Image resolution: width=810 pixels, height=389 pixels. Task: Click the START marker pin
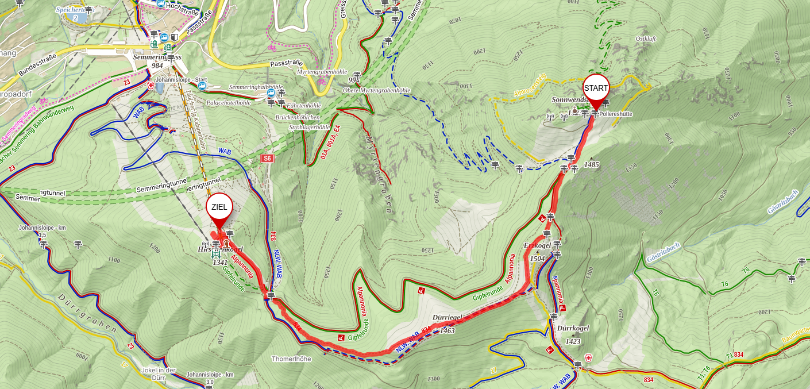click(596, 89)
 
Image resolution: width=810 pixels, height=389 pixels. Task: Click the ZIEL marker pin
click(219, 207)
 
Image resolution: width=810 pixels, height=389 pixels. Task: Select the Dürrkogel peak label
click(573, 329)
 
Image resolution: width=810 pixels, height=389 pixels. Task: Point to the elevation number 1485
click(591, 165)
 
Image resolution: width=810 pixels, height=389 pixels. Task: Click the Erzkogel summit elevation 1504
click(537, 259)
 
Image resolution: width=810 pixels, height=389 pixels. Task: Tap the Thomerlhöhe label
click(291, 359)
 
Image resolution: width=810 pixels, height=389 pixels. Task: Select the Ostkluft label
click(646, 38)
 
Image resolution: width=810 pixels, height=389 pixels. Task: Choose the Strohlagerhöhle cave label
click(310, 127)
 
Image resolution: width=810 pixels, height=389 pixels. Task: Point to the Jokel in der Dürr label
click(158, 373)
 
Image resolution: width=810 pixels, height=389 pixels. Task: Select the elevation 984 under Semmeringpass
click(157, 66)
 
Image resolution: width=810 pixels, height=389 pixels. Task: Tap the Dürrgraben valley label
click(87, 313)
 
